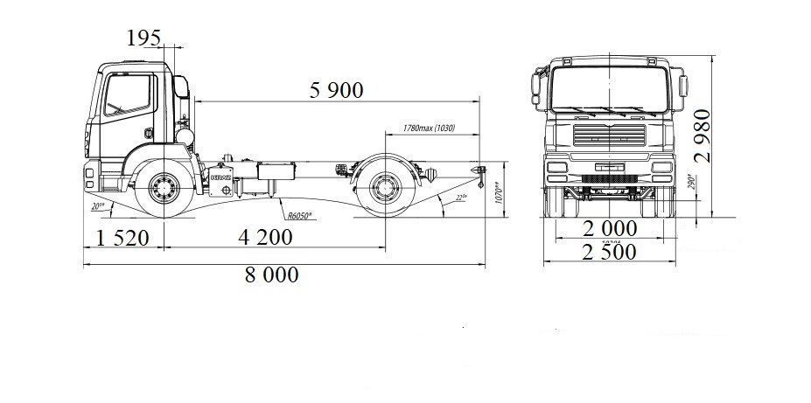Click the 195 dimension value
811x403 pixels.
144,38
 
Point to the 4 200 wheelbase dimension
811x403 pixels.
268,236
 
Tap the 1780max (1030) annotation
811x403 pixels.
431,129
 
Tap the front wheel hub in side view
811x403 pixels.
163,186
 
